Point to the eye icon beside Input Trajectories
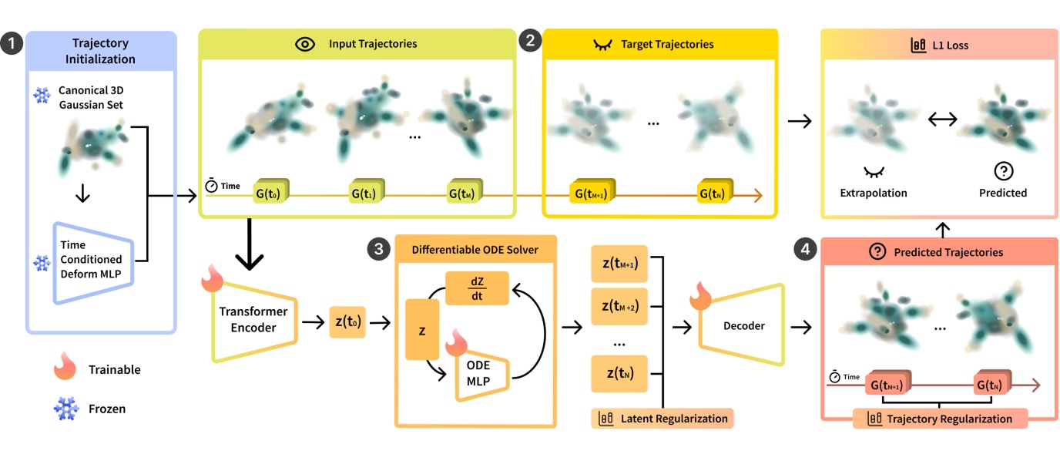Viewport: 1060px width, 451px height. click(x=306, y=44)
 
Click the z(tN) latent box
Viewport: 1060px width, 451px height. click(x=619, y=375)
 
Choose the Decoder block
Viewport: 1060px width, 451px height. click(x=743, y=325)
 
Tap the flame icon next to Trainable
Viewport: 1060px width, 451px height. click(x=66, y=369)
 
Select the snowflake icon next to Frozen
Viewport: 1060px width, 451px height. click(x=66, y=408)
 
